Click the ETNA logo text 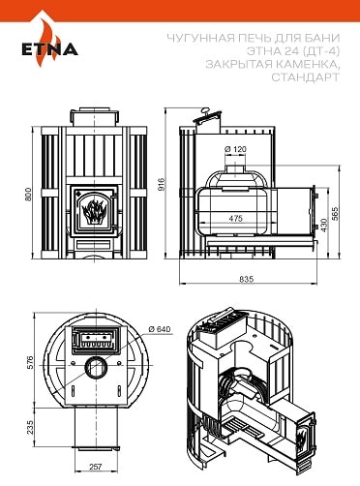tap(50, 49)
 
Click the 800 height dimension tap(28, 194)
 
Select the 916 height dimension tap(162, 184)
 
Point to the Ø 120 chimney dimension tap(235, 149)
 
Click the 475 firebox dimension tap(236, 219)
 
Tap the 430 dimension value tap(324, 226)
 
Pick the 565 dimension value tap(336, 214)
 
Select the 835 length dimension tap(247, 279)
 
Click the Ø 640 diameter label tap(159, 329)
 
